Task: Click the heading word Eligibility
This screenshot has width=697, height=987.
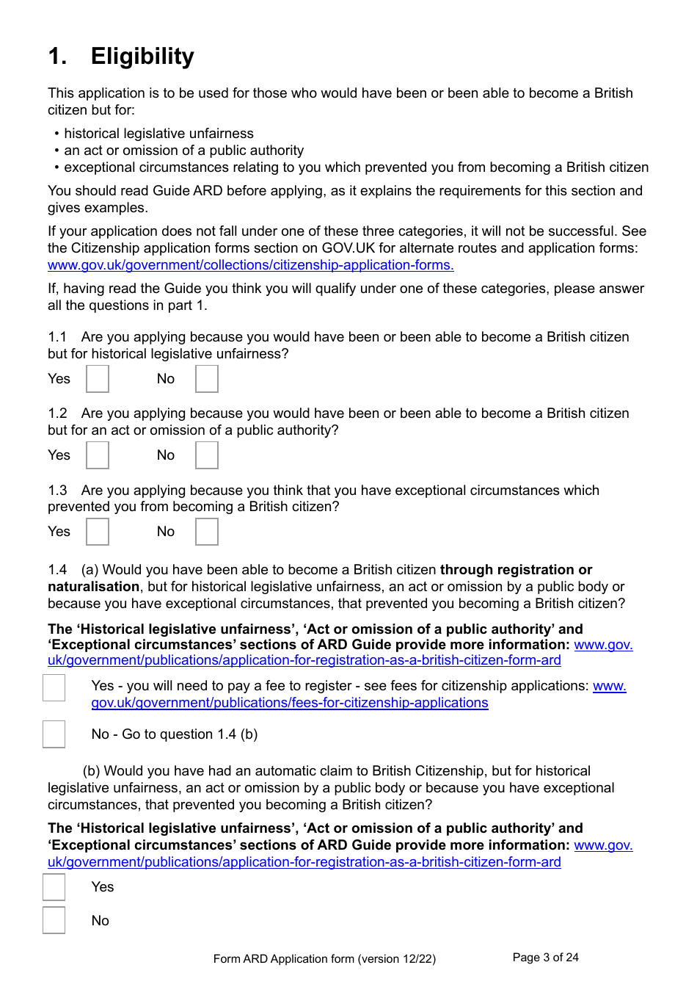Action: (x=142, y=57)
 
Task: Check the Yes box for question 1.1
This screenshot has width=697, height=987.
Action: (x=98, y=379)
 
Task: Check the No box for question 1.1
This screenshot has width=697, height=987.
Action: (x=207, y=379)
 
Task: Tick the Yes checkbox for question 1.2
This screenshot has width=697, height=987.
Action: (x=98, y=455)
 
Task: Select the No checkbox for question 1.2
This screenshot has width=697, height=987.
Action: (x=207, y=455)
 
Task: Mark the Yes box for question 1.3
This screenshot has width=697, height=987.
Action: (x=98, y=532)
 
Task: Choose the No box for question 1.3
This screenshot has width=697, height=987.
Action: (x=207, y=532)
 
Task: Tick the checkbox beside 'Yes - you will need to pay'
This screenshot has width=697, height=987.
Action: (x=54, y=687)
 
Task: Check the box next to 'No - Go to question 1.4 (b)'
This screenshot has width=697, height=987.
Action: (x=54, y=734)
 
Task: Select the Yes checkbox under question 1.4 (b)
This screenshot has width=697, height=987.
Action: (x=54, y=887)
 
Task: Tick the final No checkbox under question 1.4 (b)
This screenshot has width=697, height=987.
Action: (x=54, y=920)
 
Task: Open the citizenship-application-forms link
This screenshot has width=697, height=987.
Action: (x=250, y=265)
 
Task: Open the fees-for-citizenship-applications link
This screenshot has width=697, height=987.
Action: (x=290, y=703)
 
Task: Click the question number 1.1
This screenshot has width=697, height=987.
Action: (x=57, y=337)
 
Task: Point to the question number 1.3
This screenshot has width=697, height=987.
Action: (x=57, y=491)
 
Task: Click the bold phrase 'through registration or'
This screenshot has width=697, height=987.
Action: (x=516, y=570)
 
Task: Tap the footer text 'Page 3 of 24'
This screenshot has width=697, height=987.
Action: (x=545, y=958)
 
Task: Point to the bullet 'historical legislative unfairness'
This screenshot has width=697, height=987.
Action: (x=158, y=134)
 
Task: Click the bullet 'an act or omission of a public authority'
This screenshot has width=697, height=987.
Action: (x=183, y=151)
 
